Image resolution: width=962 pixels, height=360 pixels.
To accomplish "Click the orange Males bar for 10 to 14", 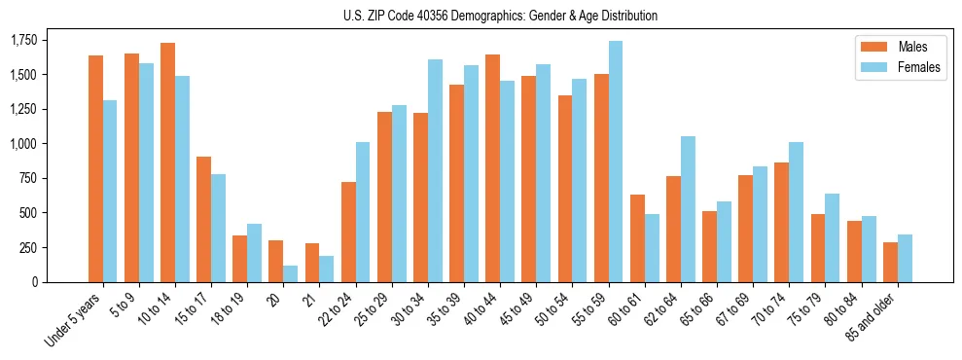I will point(168,162).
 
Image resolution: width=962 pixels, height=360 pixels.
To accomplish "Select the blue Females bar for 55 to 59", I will point(616,162).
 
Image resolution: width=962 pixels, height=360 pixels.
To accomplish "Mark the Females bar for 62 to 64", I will point(688,209).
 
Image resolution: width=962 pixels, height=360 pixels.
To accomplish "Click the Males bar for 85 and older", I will point(890,262).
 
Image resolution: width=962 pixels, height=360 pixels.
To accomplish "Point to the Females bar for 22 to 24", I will point(363,212).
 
